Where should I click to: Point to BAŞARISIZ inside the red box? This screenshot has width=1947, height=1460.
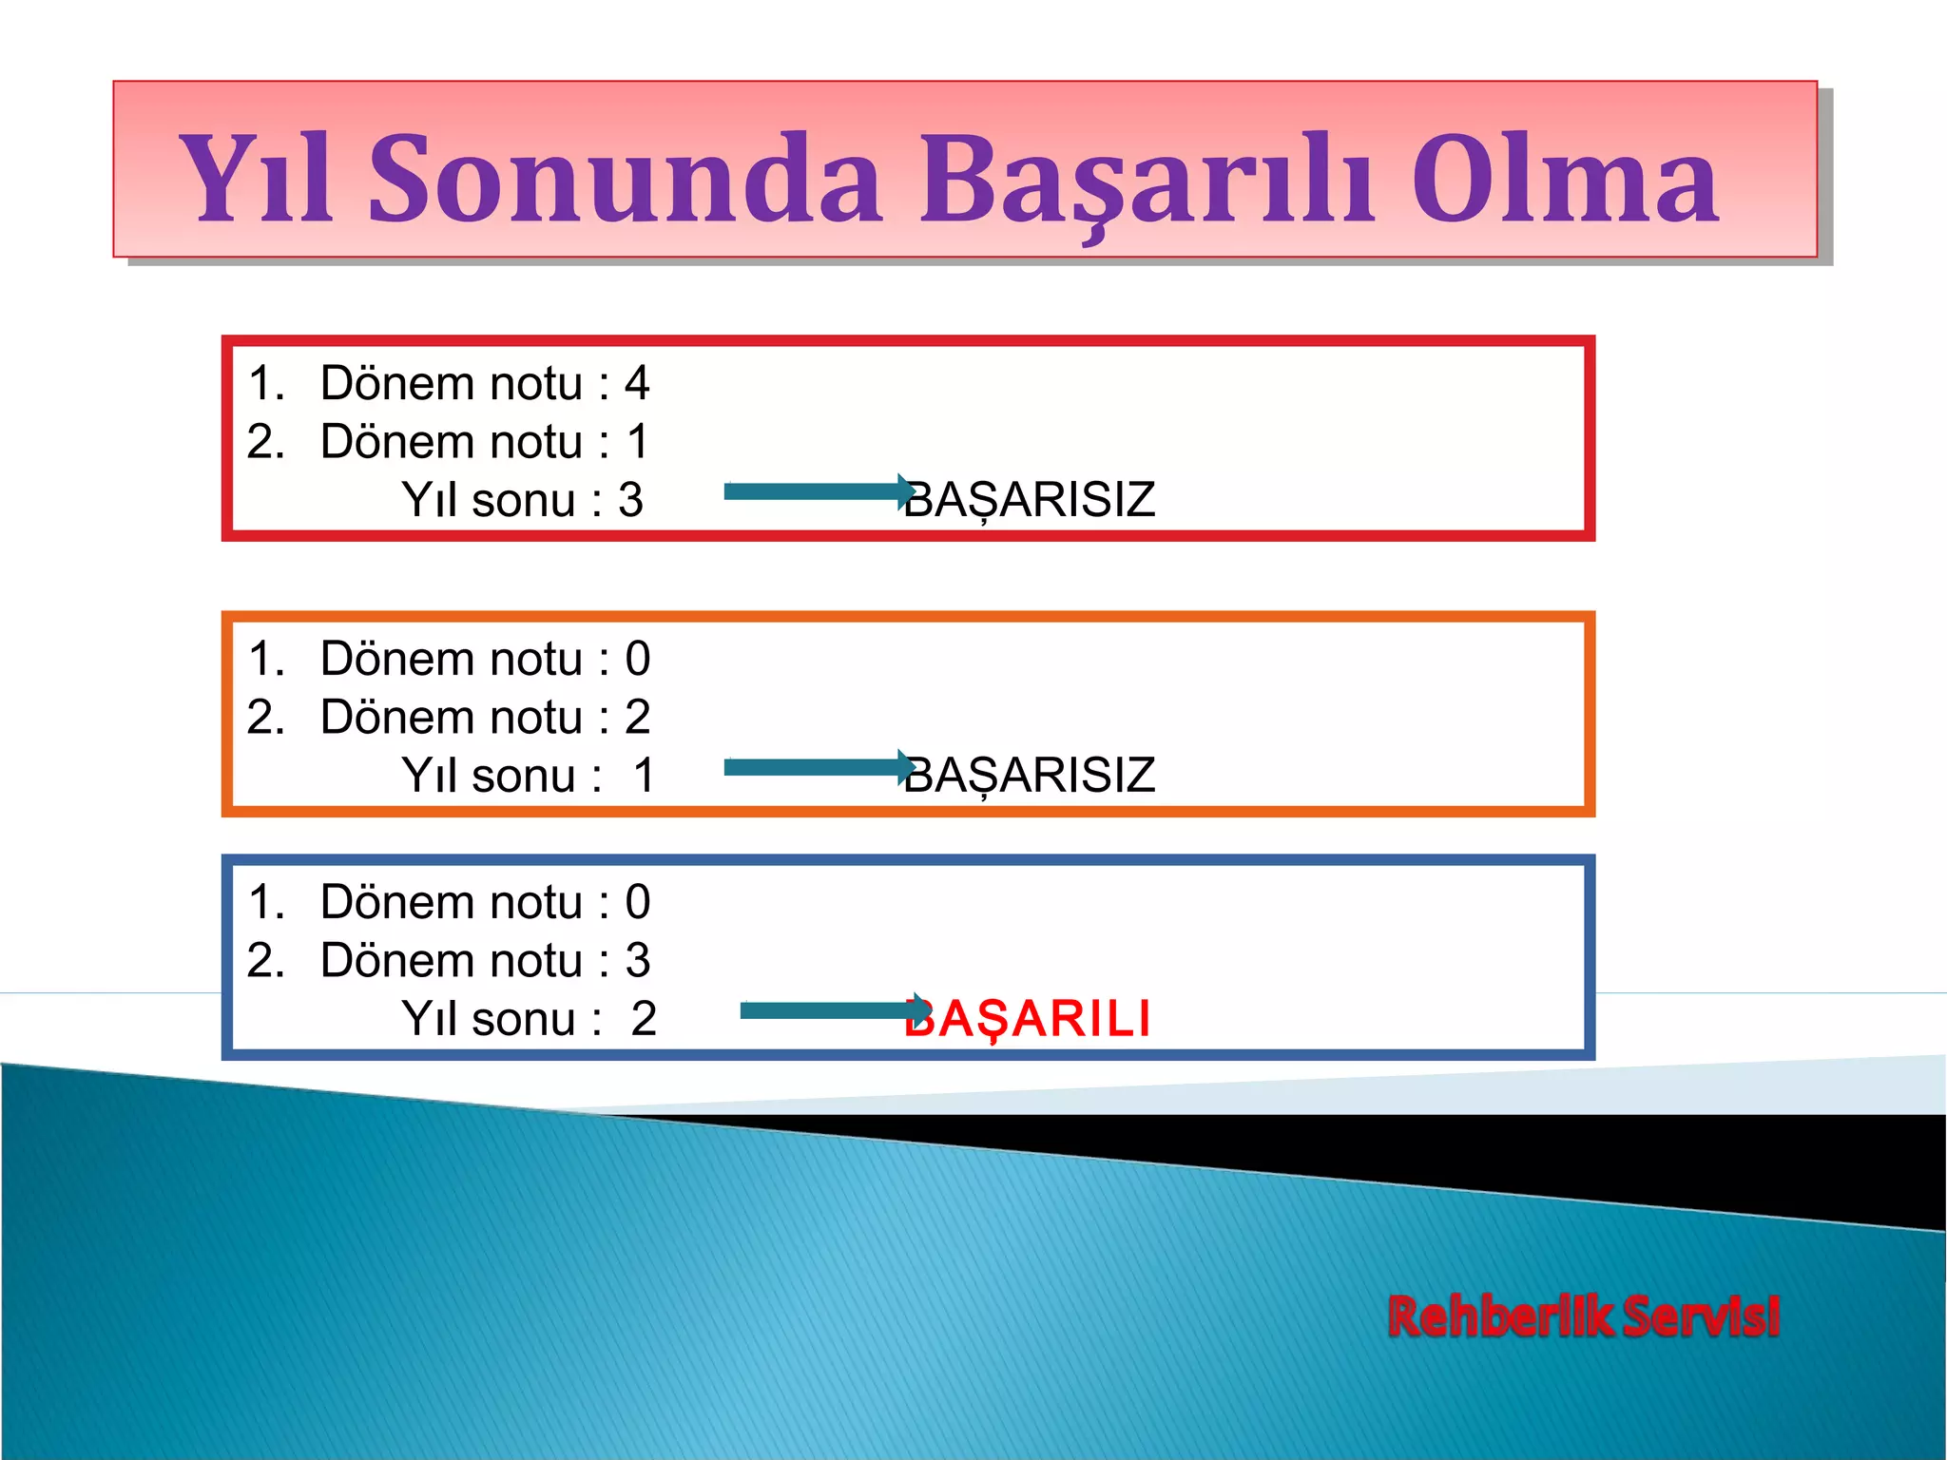[1031, 500]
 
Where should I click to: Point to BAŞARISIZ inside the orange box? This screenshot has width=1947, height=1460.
[1031, 775]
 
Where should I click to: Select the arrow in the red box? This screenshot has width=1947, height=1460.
[818, 491]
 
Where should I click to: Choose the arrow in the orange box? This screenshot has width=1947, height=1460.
[818, 767]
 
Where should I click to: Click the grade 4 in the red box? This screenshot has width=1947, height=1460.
[637, 383]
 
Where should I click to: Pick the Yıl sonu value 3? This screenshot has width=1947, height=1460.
[630, 500]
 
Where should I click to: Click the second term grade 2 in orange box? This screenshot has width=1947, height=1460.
[637, 717]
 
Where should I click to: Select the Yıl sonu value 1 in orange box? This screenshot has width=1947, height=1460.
[645, 776]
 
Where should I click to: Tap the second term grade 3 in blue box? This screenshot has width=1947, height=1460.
[637, 960]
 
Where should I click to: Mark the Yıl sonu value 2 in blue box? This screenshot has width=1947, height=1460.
[644, 1019]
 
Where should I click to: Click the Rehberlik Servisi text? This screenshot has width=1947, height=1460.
[1583, 1316]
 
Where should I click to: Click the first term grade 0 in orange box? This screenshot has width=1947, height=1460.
[637, 659]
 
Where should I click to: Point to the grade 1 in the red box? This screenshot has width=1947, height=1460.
[638, 442]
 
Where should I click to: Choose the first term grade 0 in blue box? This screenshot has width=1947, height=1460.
[637, 902]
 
